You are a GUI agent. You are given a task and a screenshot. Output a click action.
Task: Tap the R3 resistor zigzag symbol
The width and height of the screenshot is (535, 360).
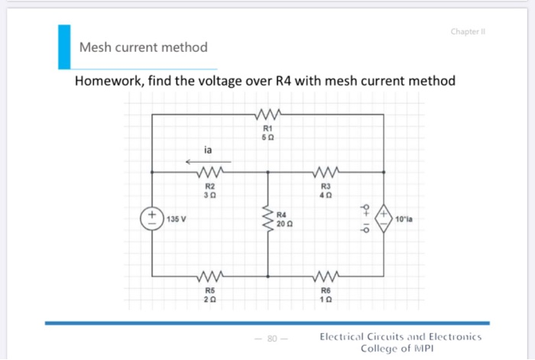click(325, 171)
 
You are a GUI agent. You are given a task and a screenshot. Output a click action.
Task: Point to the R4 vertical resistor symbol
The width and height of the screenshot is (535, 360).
click(268, 222)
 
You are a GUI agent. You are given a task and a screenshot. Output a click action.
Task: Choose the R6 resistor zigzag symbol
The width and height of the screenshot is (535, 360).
click(325, 276)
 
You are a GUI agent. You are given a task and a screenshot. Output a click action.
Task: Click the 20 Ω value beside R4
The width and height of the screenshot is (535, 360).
click(285, 224)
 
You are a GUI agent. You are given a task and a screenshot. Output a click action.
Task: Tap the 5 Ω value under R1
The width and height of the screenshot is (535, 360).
click(268, 135)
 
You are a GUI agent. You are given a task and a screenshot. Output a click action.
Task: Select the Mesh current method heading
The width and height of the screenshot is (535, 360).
click(144, 47)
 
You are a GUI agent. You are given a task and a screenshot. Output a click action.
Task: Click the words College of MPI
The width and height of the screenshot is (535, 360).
click(400, 349)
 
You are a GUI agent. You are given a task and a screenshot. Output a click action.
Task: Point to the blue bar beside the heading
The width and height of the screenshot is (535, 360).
click(64, 47)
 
